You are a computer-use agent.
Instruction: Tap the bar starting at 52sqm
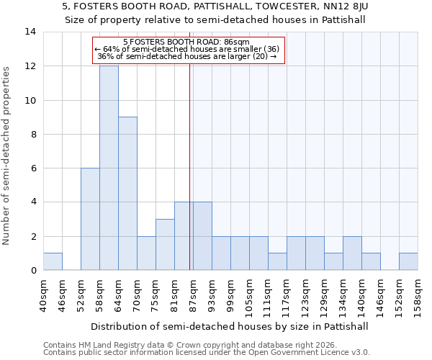tap(90, 219)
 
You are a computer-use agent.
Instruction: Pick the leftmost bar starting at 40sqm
tap(53, 261)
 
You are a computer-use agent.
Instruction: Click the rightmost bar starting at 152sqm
tap(408, 261)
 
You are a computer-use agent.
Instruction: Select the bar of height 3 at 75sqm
tap(165, 244)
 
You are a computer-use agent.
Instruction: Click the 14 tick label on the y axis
tap(31, 32)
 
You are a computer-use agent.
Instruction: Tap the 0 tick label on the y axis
tap(34, 271)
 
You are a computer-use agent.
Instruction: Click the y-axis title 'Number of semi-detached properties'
tap(7, 156)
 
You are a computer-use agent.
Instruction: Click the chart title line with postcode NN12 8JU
tap(216, 6)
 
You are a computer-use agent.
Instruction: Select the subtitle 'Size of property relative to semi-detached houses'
tap(216, 20)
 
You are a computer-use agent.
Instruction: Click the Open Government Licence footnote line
tap(207, 353)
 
